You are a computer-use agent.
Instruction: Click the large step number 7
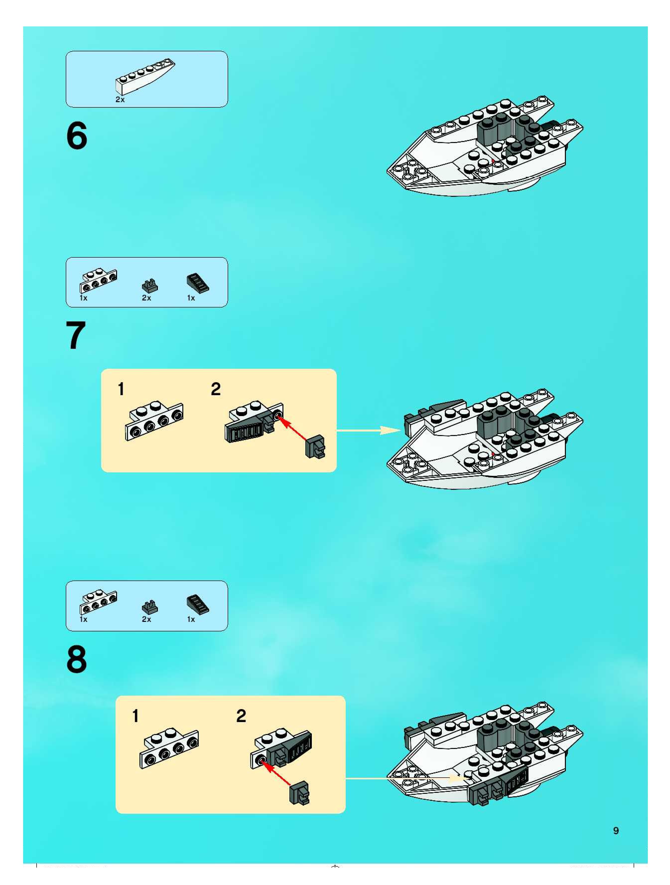point(76,335)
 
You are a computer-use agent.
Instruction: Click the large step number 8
point(76,659)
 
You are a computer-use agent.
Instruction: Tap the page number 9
point(616,831)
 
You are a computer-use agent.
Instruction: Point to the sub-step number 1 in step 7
point(121,389)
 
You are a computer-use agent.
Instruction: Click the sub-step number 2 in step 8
point(241,716)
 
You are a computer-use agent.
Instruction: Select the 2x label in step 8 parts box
point(146,619)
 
